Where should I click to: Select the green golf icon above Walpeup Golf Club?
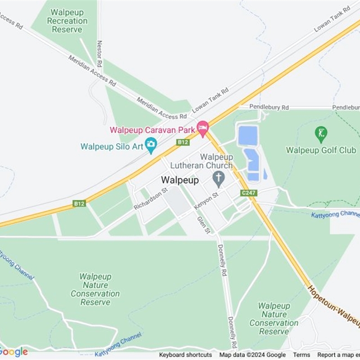click(321, 133)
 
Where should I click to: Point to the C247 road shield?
click(248, 193)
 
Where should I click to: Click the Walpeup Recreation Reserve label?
click(67, 21)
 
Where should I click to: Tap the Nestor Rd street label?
click(99, 53)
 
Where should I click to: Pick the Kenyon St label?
click(206, 201)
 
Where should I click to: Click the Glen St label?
click(203, 225)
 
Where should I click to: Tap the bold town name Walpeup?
click(180, 180)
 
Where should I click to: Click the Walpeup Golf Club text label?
click(321, 150)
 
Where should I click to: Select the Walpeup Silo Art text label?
click(112, 146)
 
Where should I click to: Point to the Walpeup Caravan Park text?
click(152, 130)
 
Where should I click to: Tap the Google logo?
click(14, 352)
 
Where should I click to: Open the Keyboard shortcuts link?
click(185, 355)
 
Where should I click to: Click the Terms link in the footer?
click(301, 355)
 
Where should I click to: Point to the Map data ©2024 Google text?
click(252, 355)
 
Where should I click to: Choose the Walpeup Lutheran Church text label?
click(216, 161)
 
